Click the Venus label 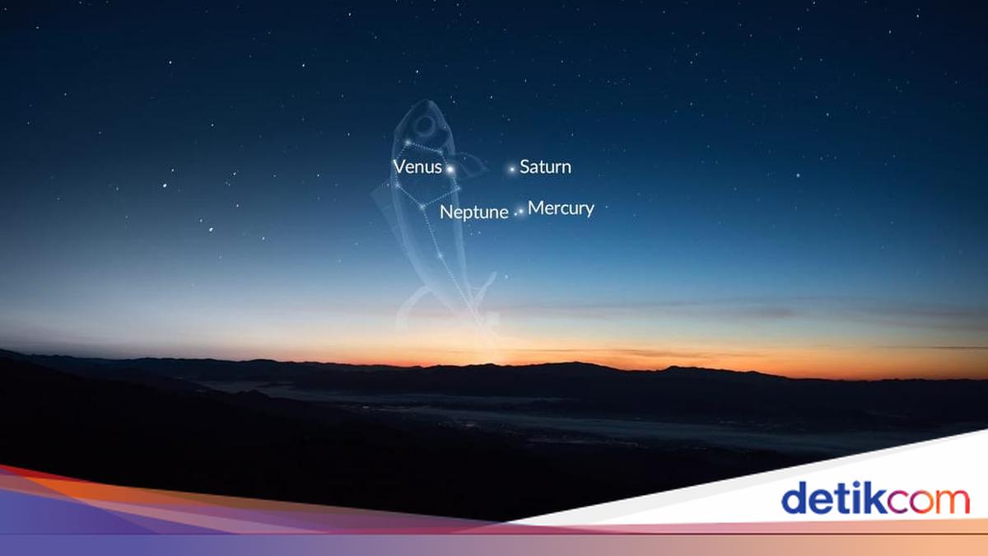(417, 167)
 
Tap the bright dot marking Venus (450, 170)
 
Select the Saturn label (545, 167)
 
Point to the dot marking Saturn (512, 169)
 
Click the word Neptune (473, 212)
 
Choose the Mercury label (561, 208)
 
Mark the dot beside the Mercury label (520, 212)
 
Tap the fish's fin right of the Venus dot (472, 166)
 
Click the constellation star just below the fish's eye (407, 143)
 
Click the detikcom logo (874, 498)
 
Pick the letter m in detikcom (951, 502)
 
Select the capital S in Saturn (525, 167)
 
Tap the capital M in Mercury (536, 208)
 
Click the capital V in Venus (399, 167)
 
